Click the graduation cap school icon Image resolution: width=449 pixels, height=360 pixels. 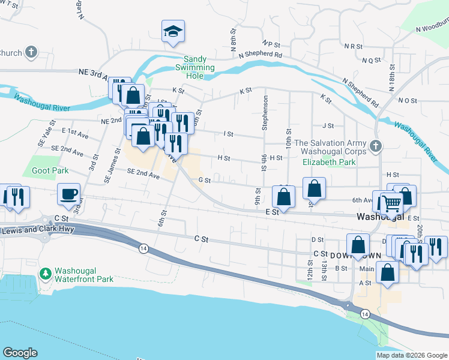tap(172, 32)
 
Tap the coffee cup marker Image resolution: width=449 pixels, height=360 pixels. tap(68, 194)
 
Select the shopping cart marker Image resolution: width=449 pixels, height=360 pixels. tap(391, 203)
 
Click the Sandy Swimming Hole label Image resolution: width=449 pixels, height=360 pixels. tap(199, 64)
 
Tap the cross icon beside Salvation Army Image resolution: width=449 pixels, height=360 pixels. tap(376, 145)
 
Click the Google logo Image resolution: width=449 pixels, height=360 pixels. tap(20, 353)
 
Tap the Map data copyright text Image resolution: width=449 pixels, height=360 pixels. tap(411, 355)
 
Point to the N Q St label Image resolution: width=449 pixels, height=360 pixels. tap(372, 60)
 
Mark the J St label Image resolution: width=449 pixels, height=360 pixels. tap(328, 126)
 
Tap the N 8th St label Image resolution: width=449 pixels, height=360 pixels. tap(233, 42)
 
